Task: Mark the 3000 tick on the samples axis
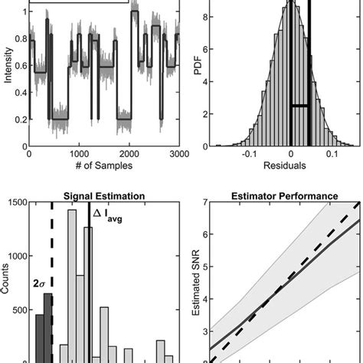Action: (x=178, y=154)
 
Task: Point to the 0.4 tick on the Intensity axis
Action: (x=18, y=93)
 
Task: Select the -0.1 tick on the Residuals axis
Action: (x=248, y=154)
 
